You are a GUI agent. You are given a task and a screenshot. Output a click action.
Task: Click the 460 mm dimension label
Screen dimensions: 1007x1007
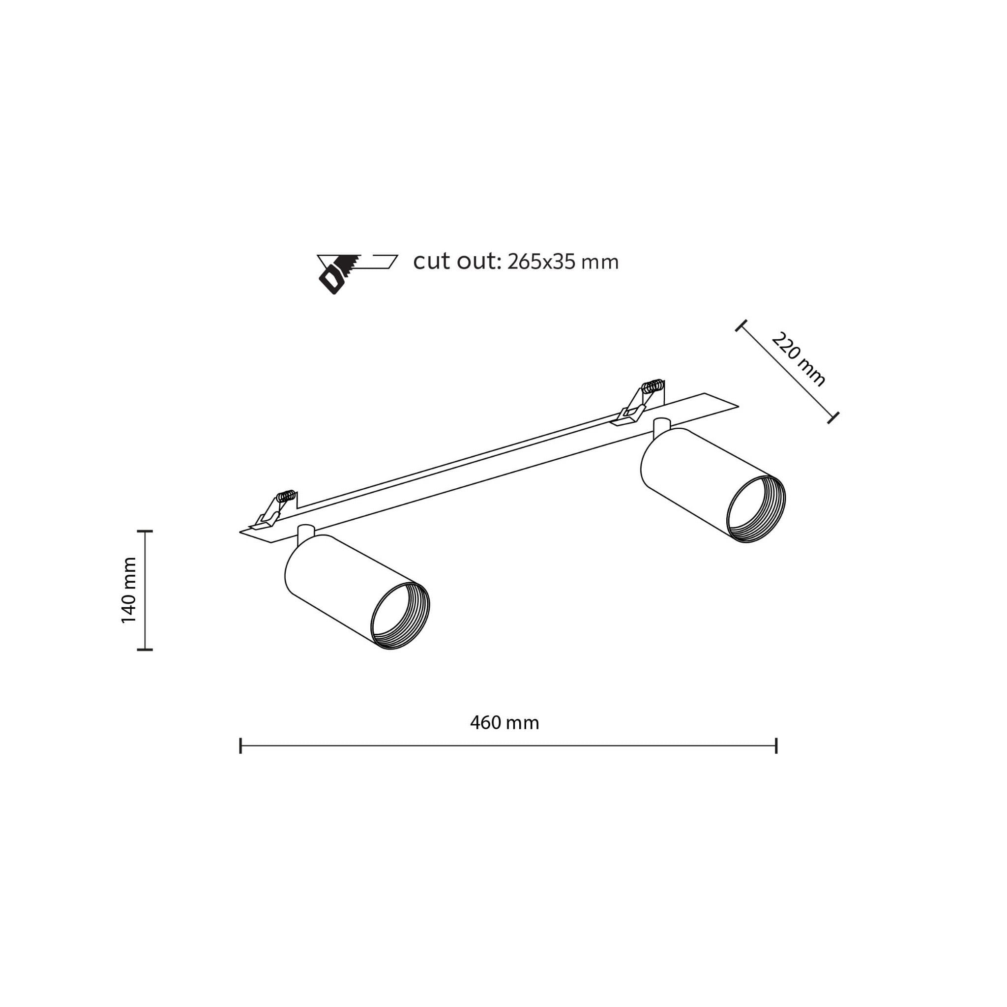click(x=504, y=723)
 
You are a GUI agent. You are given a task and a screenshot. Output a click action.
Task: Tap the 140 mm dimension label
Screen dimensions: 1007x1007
click(x=129, y=590)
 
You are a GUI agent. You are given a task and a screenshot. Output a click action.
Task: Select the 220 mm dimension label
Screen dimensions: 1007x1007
click(x=798, y=359)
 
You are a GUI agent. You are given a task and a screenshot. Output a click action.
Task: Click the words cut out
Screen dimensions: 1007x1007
click(x=457, y=261)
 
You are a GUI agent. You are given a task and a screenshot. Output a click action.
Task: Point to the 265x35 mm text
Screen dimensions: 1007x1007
click(x=563, y=262)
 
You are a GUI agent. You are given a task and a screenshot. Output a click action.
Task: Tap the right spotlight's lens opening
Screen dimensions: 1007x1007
click(x=755, y=509)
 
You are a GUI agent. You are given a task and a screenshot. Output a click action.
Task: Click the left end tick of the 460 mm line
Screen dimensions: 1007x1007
click(x=240, y=746)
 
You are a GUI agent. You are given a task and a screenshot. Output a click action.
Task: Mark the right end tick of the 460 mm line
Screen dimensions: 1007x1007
click(x=776, y=746)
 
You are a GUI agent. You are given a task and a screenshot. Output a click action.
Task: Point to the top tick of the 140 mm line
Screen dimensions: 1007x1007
click(x=145, y=531)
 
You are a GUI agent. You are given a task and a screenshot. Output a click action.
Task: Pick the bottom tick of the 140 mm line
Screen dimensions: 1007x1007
click(x=145, y=650)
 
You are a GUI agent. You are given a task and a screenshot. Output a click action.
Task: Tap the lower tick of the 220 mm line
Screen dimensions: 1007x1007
click(x=833, y=417)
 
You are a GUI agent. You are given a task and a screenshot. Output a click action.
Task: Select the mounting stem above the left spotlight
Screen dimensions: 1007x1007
click(x=305, y=532)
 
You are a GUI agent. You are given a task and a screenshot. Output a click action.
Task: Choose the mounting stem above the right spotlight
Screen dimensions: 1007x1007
click(x=661, y=426)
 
